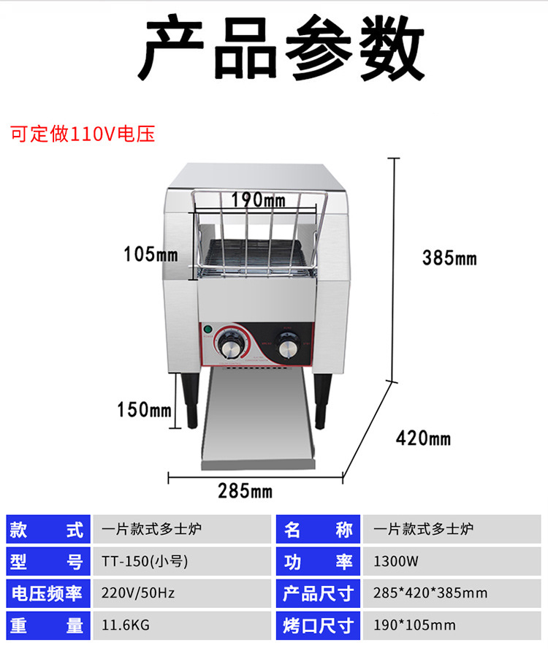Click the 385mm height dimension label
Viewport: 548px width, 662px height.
(449, 257)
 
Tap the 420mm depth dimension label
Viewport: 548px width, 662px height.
(423, 438)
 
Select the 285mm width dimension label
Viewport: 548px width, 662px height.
(245, 490)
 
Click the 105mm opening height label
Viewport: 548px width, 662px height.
(151, 254)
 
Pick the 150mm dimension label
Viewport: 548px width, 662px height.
(144, 409)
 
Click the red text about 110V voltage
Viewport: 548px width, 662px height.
(82, 134)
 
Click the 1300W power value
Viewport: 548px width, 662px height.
(395, 561)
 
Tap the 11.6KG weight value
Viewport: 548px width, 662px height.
(126, 625)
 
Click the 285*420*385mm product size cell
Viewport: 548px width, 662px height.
(430, 593)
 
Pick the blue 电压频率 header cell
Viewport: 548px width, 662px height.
(47, 593)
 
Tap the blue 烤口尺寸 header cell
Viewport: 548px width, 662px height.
(318, 625)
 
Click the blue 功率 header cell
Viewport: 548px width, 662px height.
(318, 561)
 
